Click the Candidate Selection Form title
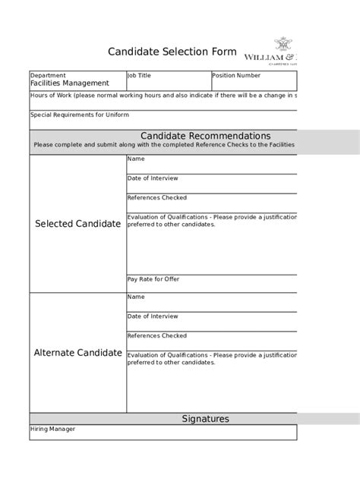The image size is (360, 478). pos(172,52)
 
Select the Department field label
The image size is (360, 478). pos(48,76)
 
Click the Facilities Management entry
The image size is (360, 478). pos(69,83)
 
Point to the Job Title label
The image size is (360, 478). pos(139,76)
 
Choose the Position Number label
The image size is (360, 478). pos(236,76)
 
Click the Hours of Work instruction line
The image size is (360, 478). pos(163,96)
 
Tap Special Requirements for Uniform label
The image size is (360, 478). pos(79,115)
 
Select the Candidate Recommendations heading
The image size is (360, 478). pos(205,135)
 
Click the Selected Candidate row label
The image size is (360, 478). pos(77,224)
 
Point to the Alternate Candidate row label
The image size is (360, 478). pos(77,353)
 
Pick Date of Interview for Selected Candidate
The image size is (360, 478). pos(153,178)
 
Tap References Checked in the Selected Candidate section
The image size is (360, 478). pos(156,197)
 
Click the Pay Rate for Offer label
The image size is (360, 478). pos(154,279)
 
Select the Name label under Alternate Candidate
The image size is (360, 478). pos(136,297)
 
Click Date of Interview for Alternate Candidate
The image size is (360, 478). pos(153,316)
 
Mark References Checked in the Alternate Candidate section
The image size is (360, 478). pos(156,335)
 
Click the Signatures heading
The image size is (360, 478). pos(205,419)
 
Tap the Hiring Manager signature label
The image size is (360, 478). pos(52,429)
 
